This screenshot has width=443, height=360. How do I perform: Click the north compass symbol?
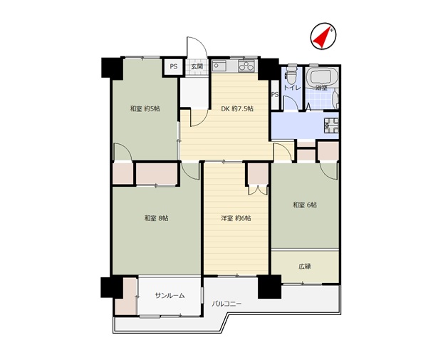coord(323,36)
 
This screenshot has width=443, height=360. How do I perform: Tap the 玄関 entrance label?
coord(197,67)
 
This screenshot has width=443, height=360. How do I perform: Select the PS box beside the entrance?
coord(174,67)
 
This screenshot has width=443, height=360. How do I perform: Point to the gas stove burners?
coord(246,66)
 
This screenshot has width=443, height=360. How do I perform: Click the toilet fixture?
coord(291,73)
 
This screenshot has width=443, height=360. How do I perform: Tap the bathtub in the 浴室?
coord(323,76)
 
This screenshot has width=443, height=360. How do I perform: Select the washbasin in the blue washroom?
coord(332,125)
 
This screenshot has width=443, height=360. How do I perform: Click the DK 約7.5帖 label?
coord(236,108)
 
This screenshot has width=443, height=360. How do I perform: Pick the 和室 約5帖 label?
coord(145,108)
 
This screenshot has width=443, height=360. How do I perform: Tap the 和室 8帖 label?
coord(157,218)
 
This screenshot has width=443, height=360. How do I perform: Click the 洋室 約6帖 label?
coord(236,218)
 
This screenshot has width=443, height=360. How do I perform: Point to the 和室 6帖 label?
coord(305,205)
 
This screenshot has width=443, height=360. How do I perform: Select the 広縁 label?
coord(305,266)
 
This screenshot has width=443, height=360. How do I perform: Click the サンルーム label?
coord(170,296)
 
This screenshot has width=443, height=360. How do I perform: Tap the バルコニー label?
coord(226,304)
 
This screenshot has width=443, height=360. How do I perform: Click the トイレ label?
coord(292,88)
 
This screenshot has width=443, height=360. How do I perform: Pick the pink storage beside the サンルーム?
coord(126,296)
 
